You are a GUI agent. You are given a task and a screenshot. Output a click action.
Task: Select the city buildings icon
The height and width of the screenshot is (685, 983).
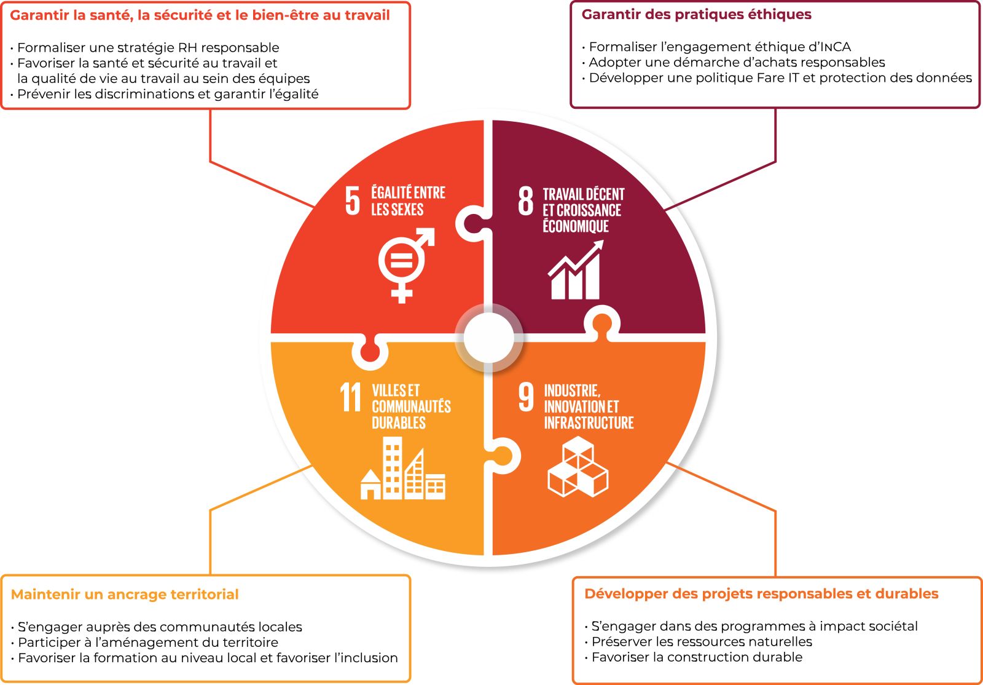(403, 470)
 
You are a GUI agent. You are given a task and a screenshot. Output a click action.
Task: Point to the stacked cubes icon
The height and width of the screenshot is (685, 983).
(578, 467)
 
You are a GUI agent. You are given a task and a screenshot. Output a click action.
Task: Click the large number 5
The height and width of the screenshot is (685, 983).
(352, 200)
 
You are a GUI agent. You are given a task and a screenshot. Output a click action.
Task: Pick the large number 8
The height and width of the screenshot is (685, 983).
(526, 200)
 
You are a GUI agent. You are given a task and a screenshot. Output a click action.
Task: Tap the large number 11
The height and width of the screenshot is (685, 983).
(351, 397)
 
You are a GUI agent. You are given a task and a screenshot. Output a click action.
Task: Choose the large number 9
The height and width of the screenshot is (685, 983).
(526, 397)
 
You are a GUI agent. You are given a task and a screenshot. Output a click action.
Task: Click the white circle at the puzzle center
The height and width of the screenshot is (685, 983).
(488, 338)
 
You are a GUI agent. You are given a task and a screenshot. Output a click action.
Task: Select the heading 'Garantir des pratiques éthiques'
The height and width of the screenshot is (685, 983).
(696, 15)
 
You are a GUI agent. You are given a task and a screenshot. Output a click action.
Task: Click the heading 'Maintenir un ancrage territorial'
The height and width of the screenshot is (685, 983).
(125, 595)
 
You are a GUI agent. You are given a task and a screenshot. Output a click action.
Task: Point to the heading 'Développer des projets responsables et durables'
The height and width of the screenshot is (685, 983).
(761, 594)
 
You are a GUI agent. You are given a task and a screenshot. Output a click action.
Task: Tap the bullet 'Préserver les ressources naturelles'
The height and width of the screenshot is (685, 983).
(701, 642)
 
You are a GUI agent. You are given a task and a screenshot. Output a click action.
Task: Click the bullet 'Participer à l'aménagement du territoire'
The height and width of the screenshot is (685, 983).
(147, 643)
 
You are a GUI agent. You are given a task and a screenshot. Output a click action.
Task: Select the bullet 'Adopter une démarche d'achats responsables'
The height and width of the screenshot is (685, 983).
(737, 62)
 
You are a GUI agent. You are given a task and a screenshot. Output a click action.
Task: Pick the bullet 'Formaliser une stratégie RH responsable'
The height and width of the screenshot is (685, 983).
(148, 47)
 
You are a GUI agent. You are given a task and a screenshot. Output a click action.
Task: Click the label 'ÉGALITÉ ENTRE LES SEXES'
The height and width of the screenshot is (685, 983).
(408, 201)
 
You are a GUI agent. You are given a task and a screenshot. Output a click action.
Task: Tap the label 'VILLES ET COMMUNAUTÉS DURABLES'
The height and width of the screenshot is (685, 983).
(410, 406)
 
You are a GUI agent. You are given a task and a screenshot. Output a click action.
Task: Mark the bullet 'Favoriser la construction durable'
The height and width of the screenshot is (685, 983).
(697, 657)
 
